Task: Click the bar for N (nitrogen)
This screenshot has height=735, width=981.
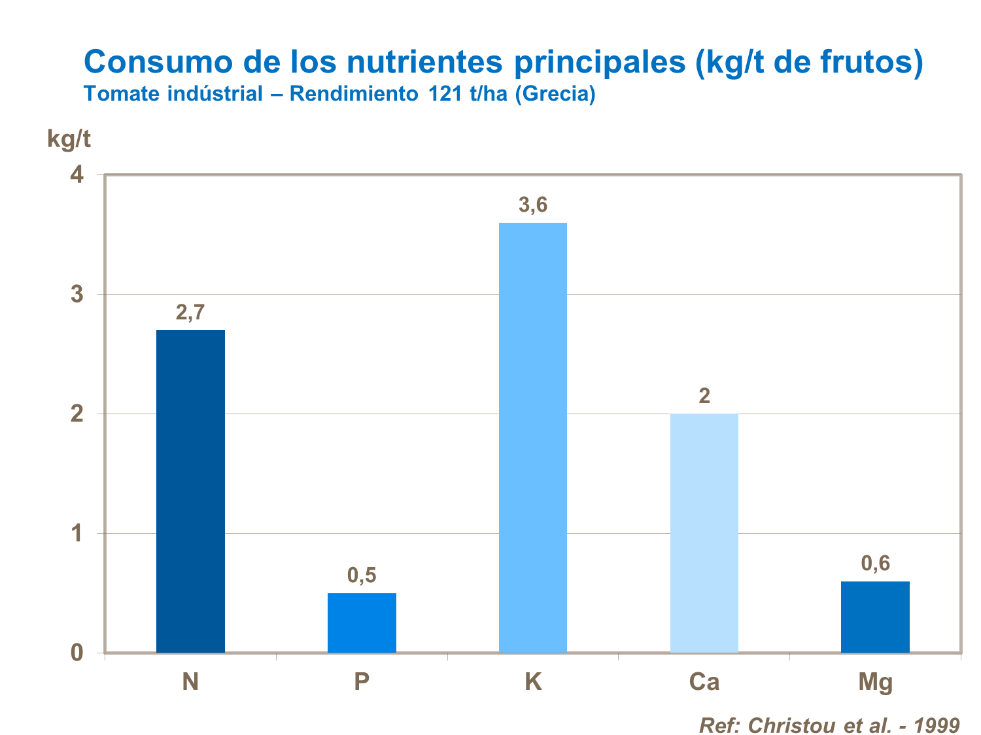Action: [190, 491]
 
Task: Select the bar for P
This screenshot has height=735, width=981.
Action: [362, 623]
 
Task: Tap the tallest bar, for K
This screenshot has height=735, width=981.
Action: [533, 437]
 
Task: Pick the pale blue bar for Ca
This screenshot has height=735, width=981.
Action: [704, 532]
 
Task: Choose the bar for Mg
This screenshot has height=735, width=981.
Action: [875, 617]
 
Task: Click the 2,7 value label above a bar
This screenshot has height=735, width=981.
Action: [190, 313]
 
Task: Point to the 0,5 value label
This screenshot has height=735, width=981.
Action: [362, 576]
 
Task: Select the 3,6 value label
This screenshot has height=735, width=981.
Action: [533, 205]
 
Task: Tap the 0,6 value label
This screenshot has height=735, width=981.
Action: [875, 563]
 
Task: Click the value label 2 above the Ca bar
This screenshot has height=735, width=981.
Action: [704, 396]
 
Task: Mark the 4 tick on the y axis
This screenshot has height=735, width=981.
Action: [78, 175]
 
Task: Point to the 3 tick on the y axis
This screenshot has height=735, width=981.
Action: [78, 295]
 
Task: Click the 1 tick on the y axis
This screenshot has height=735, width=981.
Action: [78, 534]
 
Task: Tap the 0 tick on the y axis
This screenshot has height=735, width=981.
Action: [78, 653]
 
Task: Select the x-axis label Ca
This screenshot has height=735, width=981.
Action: [704, 682]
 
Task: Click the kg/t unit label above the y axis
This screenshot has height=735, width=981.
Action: [69, 139]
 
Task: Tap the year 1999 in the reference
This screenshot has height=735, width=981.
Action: [937, 725]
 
